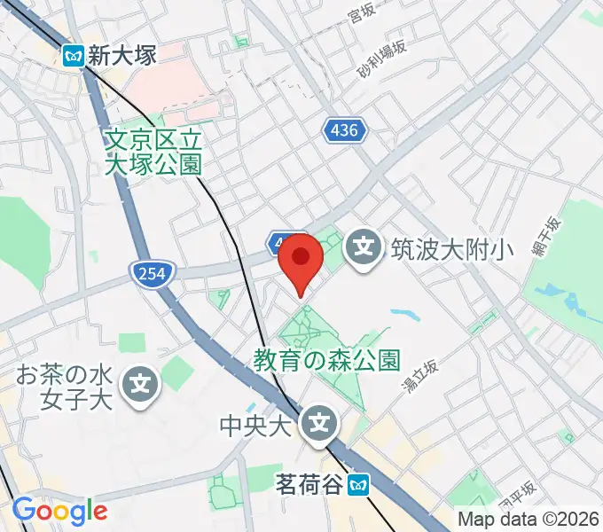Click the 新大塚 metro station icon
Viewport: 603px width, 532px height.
point(74,56)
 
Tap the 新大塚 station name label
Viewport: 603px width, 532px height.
point(122,56)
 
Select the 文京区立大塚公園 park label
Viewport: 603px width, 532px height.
point(153,151)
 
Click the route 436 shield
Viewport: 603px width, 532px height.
point(342,131)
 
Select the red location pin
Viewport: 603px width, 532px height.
point(301,259)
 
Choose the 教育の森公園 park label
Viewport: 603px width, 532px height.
point(326,360)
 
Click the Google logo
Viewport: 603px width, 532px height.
point(59,511)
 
